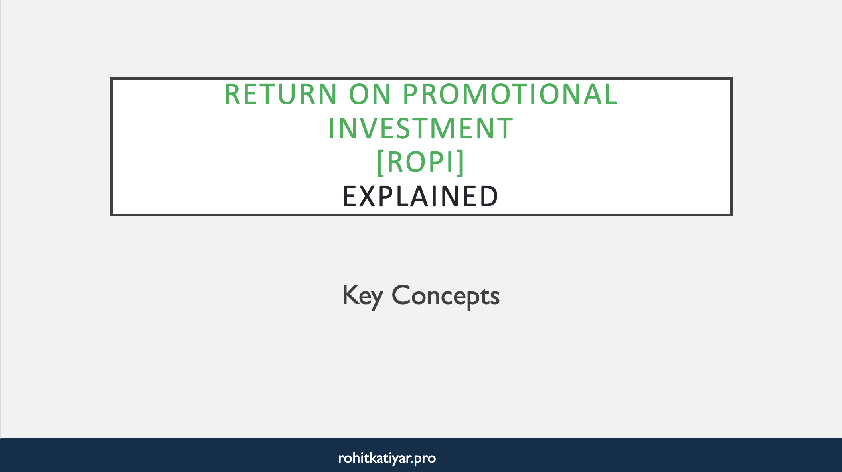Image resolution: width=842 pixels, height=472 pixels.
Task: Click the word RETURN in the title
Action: tap(281, 94)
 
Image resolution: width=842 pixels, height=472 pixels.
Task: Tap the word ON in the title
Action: tap(370, 94)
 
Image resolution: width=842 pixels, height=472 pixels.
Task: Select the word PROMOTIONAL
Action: tap(510, 94)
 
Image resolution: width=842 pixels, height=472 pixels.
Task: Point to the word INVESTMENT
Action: tap(421, 129)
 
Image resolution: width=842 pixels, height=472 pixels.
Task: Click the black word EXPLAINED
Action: tap(421, 197)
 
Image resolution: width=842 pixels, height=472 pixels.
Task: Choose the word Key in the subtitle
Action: tap(362, 296)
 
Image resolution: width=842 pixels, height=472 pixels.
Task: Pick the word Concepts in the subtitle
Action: tap(445, 296)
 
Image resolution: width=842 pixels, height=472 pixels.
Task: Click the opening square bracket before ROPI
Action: tap(380, 162)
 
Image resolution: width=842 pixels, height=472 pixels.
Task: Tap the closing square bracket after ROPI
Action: tap(461, 162)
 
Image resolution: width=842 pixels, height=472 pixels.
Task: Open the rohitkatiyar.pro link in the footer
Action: tap(387, 458)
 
